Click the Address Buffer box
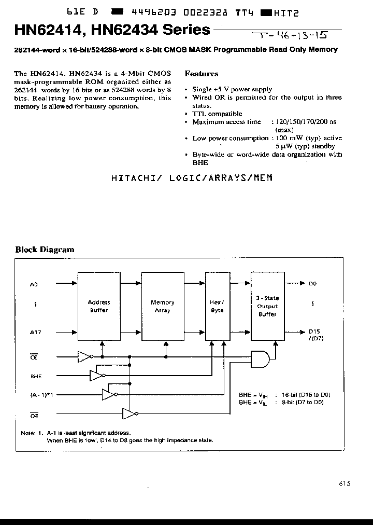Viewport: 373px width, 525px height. point(98,306)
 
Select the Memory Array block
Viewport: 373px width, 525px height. point(162,306)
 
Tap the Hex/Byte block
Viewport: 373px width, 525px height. point(217,306)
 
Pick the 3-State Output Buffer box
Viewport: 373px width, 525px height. point(267,306)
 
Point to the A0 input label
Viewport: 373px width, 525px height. point(35,284)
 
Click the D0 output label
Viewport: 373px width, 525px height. point(312,284)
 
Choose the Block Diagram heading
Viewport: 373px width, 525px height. point(45,250)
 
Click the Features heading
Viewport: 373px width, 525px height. point(202,74)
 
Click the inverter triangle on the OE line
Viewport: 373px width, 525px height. point(128,414)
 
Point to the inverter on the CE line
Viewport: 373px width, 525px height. point(83,356)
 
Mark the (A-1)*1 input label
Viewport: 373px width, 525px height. point(41,395)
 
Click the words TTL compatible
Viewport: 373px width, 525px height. point(217,114)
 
